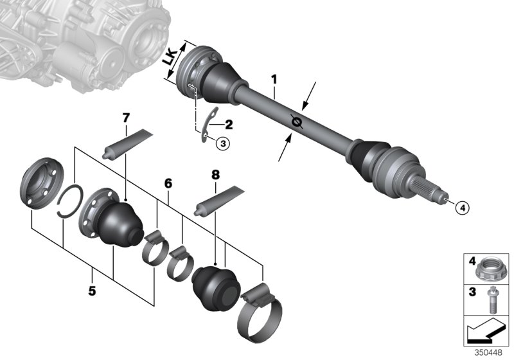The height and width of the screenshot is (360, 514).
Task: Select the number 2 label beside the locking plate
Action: (x=229, y=123)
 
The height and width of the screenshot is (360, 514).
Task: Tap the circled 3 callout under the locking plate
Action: (x=222, y=144)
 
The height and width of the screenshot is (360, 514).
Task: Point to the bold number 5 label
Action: (x=93, y=291)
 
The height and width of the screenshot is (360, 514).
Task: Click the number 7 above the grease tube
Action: (x=126, y=118)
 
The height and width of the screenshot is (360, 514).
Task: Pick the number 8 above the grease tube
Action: (x=216, y=174)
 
